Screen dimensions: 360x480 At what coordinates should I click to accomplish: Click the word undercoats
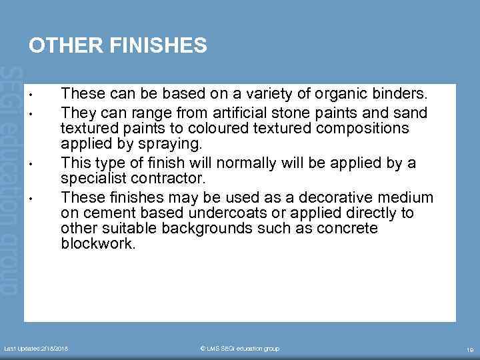(227, 213)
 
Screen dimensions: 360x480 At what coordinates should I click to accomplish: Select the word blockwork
(98, 244)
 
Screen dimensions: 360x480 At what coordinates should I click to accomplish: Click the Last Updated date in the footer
(37, 349)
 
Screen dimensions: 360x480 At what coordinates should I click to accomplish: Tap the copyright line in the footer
(240, 349)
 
